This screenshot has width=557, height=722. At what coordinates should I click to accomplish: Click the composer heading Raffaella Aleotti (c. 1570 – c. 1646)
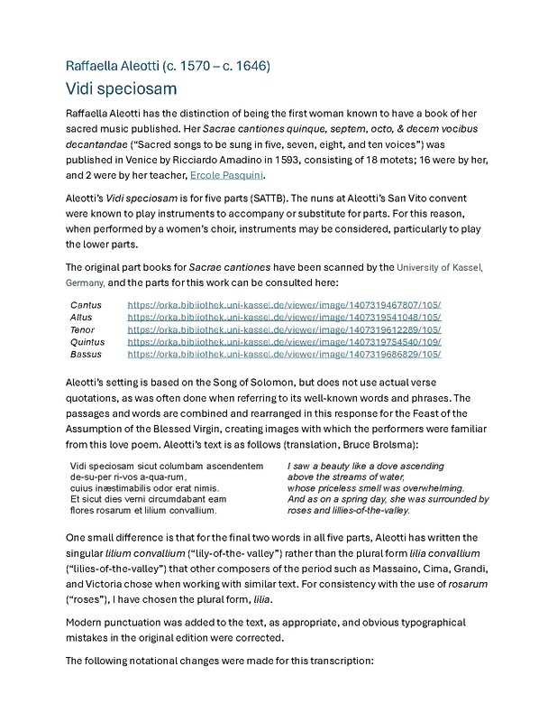click(x=169, y=66)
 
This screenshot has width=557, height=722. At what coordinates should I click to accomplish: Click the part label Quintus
click(x=87, y=343)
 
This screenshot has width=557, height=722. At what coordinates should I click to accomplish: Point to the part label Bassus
click(x=87, y=356)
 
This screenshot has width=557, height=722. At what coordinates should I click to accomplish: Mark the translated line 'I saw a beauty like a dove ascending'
click(x=366, y=466)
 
